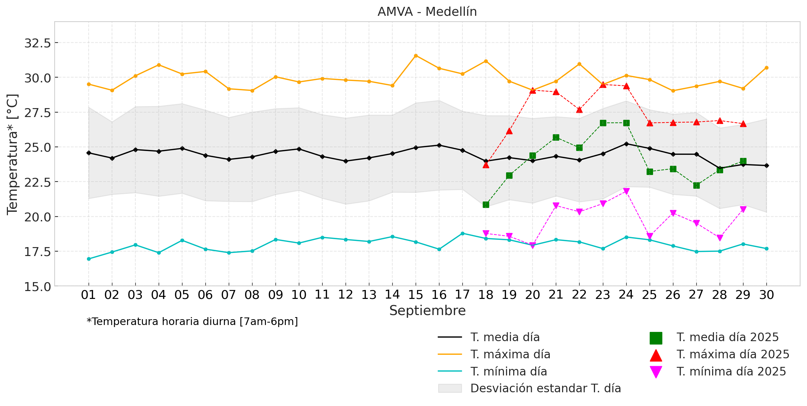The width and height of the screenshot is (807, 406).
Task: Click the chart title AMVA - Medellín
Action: tap(427, 12)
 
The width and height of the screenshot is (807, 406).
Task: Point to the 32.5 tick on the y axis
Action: tap(37, 43)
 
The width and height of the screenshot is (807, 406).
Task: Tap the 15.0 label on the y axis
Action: tap(37, 287)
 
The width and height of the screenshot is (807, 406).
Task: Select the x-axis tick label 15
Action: tap(416, 295)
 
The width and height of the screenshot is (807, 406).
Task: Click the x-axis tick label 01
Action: tap(88, 295)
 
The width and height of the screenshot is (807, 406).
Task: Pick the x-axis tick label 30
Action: tap(766, 295)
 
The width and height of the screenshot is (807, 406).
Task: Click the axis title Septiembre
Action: tap(427, 311)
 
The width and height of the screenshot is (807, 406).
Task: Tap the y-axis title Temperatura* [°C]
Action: tap(12, 154)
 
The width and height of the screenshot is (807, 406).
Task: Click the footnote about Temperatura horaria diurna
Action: tap(192, 322)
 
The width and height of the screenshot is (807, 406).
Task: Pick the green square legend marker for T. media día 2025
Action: tap(656, 338)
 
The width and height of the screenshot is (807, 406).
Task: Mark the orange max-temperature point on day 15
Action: tap(416, 56)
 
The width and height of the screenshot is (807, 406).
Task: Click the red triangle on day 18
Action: tap(486, 165)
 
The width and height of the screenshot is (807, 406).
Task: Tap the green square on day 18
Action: tap(486, 205)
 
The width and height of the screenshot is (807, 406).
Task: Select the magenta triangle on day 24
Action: tap(626, 191)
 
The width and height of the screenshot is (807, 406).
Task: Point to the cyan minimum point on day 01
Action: tap(89, 259)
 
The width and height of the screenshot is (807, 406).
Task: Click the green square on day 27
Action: tap(696, 185)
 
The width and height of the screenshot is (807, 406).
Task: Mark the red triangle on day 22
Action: tap(580, 110)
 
